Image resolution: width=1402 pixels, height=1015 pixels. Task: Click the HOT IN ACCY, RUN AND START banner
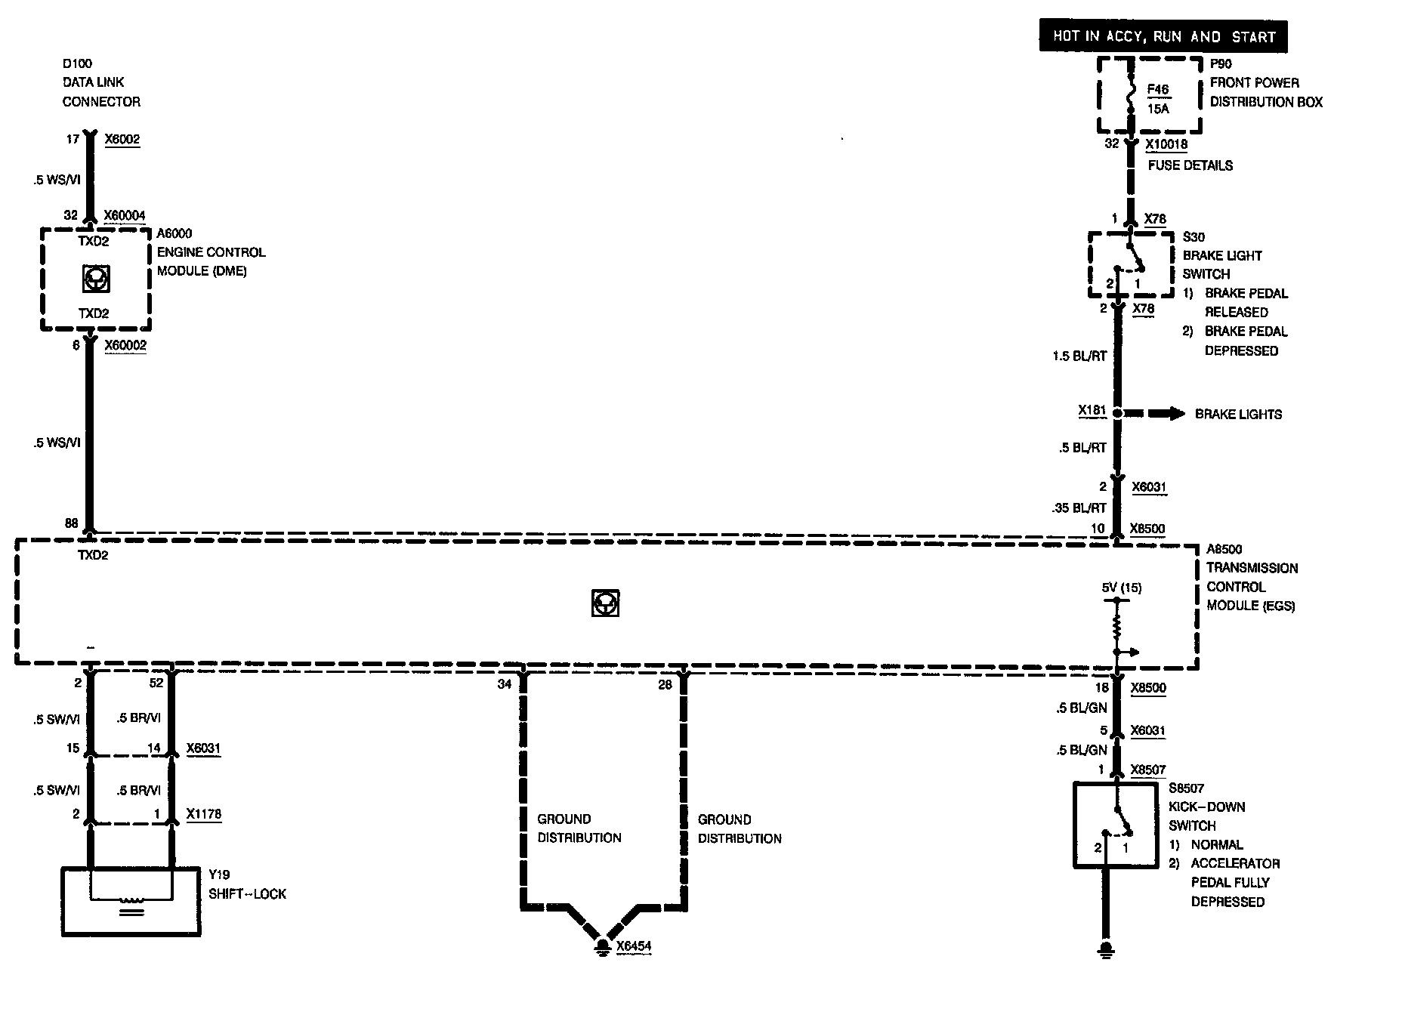(x=1163, y=36)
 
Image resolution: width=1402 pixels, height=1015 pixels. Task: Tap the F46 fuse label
(x=1157, y=90)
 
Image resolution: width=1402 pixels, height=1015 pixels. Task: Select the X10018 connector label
(x=1166, y=144)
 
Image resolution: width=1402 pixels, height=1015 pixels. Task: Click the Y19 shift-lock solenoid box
(x=131, y=902)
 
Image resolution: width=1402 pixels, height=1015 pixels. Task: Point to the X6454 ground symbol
(x=602, y=946)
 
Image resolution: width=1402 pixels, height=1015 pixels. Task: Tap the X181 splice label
(x=1092, y=411)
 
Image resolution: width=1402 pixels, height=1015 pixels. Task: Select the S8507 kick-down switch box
(x=1115, y=825)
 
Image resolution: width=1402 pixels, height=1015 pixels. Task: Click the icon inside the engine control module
(x=95, y=279)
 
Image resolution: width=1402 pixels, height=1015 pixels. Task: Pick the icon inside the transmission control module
(x=605, y=603)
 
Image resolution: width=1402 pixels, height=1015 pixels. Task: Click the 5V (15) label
(x=1122, y=588)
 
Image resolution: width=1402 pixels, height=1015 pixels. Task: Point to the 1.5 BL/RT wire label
(x=1079, y=356)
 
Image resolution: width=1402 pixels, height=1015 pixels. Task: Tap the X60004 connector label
(x=125, y=215)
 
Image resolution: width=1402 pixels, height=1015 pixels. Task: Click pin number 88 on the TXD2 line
(x=72, y=523)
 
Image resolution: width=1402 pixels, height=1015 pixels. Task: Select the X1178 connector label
(x=204, y=814)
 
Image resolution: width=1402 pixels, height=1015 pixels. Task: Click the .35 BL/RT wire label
(x=1079, y=508)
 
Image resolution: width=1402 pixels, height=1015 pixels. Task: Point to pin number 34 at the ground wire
(x=504, y=684)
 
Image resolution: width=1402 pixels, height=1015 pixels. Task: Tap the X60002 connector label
(x=125, y=345)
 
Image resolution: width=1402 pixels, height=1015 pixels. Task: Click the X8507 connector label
(x=1147, y=770)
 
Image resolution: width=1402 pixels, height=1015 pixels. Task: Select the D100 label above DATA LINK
(x=77, y=63)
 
